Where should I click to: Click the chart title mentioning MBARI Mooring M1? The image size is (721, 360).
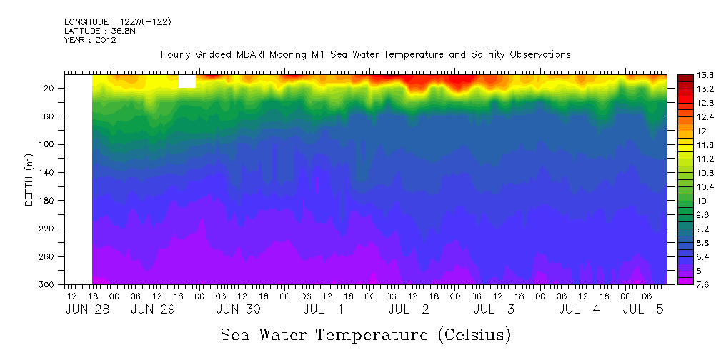365,54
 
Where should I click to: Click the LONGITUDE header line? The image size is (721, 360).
117,22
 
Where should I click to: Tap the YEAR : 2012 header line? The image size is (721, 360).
90,40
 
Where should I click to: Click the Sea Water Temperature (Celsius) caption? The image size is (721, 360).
365,334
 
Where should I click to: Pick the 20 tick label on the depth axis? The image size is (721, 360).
50,88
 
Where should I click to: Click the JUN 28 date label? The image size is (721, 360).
83,309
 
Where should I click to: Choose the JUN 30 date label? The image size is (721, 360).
239,309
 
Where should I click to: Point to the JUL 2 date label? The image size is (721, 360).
408,309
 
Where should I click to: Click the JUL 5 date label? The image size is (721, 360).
644,309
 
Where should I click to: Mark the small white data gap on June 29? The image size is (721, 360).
187,81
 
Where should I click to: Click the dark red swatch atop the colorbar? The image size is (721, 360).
685,77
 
